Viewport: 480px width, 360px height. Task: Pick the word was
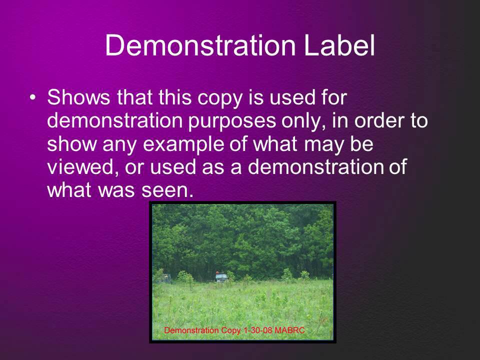point(115,190)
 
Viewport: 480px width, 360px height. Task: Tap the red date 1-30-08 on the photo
point(255,331)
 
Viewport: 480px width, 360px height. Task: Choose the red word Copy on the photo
point(229,331)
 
